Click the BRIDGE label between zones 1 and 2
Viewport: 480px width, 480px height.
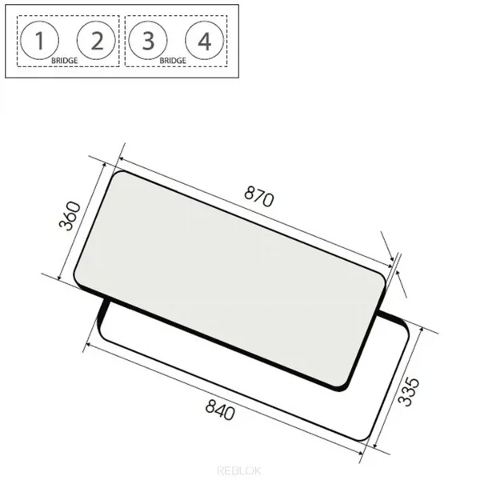64,61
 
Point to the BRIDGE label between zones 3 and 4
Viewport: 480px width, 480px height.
173,61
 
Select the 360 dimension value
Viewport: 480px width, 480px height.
70,215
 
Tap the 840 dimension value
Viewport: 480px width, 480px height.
221,410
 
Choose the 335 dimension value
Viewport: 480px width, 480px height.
409,392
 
